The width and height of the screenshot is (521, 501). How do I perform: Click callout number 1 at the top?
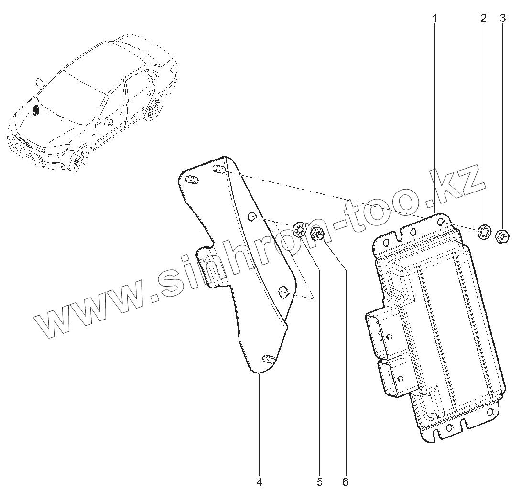(435, 19)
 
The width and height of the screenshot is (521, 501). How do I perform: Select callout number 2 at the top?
(483, 19)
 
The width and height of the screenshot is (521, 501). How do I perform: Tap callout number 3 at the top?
(502, 19)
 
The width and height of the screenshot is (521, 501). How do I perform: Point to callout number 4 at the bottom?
(260, 482)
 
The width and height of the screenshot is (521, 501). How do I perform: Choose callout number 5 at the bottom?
(319, 482)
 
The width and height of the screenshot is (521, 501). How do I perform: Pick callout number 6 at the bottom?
(346, 482)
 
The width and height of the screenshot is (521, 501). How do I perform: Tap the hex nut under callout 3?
(502, 235)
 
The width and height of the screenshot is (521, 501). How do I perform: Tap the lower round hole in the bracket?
(283, 291)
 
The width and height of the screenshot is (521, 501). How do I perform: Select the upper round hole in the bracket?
(251, 217)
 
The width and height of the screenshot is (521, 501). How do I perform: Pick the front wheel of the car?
(79, 160)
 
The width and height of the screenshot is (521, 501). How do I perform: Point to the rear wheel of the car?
(154, 109)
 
